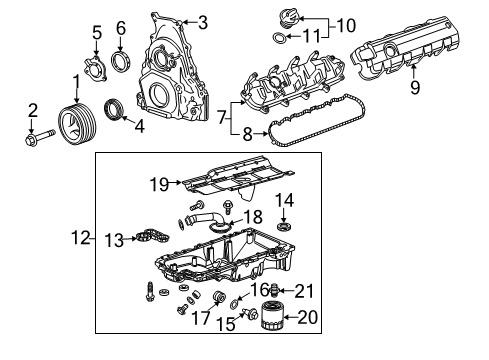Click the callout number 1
76,80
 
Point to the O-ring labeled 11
280,38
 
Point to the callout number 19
159,182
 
